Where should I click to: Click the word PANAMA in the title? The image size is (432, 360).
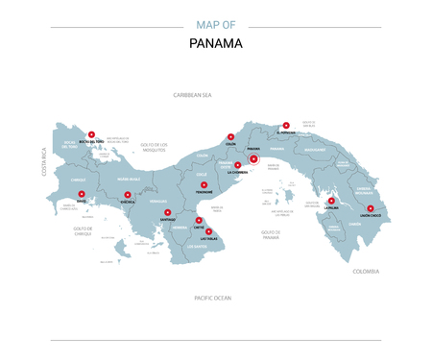pos(216,43)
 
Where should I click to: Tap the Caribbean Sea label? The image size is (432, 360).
pos(192,95)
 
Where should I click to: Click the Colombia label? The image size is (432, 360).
pos(366,272)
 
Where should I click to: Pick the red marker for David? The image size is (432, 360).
pos(81,194)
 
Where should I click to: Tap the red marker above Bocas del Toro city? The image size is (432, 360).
pos(91,135)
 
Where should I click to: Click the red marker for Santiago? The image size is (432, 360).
pos(167,213)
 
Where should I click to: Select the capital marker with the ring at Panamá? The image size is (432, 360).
pos(253,159)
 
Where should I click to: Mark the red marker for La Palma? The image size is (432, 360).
pos(331,201)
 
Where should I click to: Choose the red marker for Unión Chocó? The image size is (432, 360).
pos(371,208)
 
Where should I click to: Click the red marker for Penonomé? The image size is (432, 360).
pos(204,184)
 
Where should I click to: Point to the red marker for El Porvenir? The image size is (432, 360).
pos(285,125)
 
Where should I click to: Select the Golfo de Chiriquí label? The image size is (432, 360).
pos(84,230)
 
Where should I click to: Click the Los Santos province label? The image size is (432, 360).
pos(197,246)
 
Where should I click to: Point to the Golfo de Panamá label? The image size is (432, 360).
pos(270,232)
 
